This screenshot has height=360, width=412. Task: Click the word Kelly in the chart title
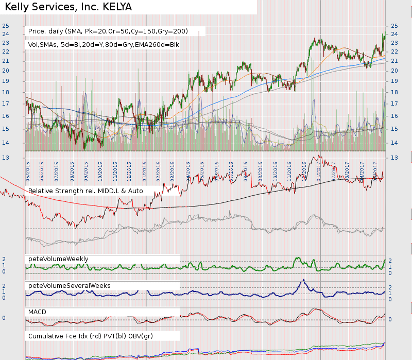pos(17,7)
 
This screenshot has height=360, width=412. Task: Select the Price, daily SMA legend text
pos(108,31)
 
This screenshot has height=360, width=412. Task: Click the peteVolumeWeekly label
pos(58,259)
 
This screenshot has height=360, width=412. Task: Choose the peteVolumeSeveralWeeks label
pos(70,285)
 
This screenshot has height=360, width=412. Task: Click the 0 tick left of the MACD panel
pos(4,318)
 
